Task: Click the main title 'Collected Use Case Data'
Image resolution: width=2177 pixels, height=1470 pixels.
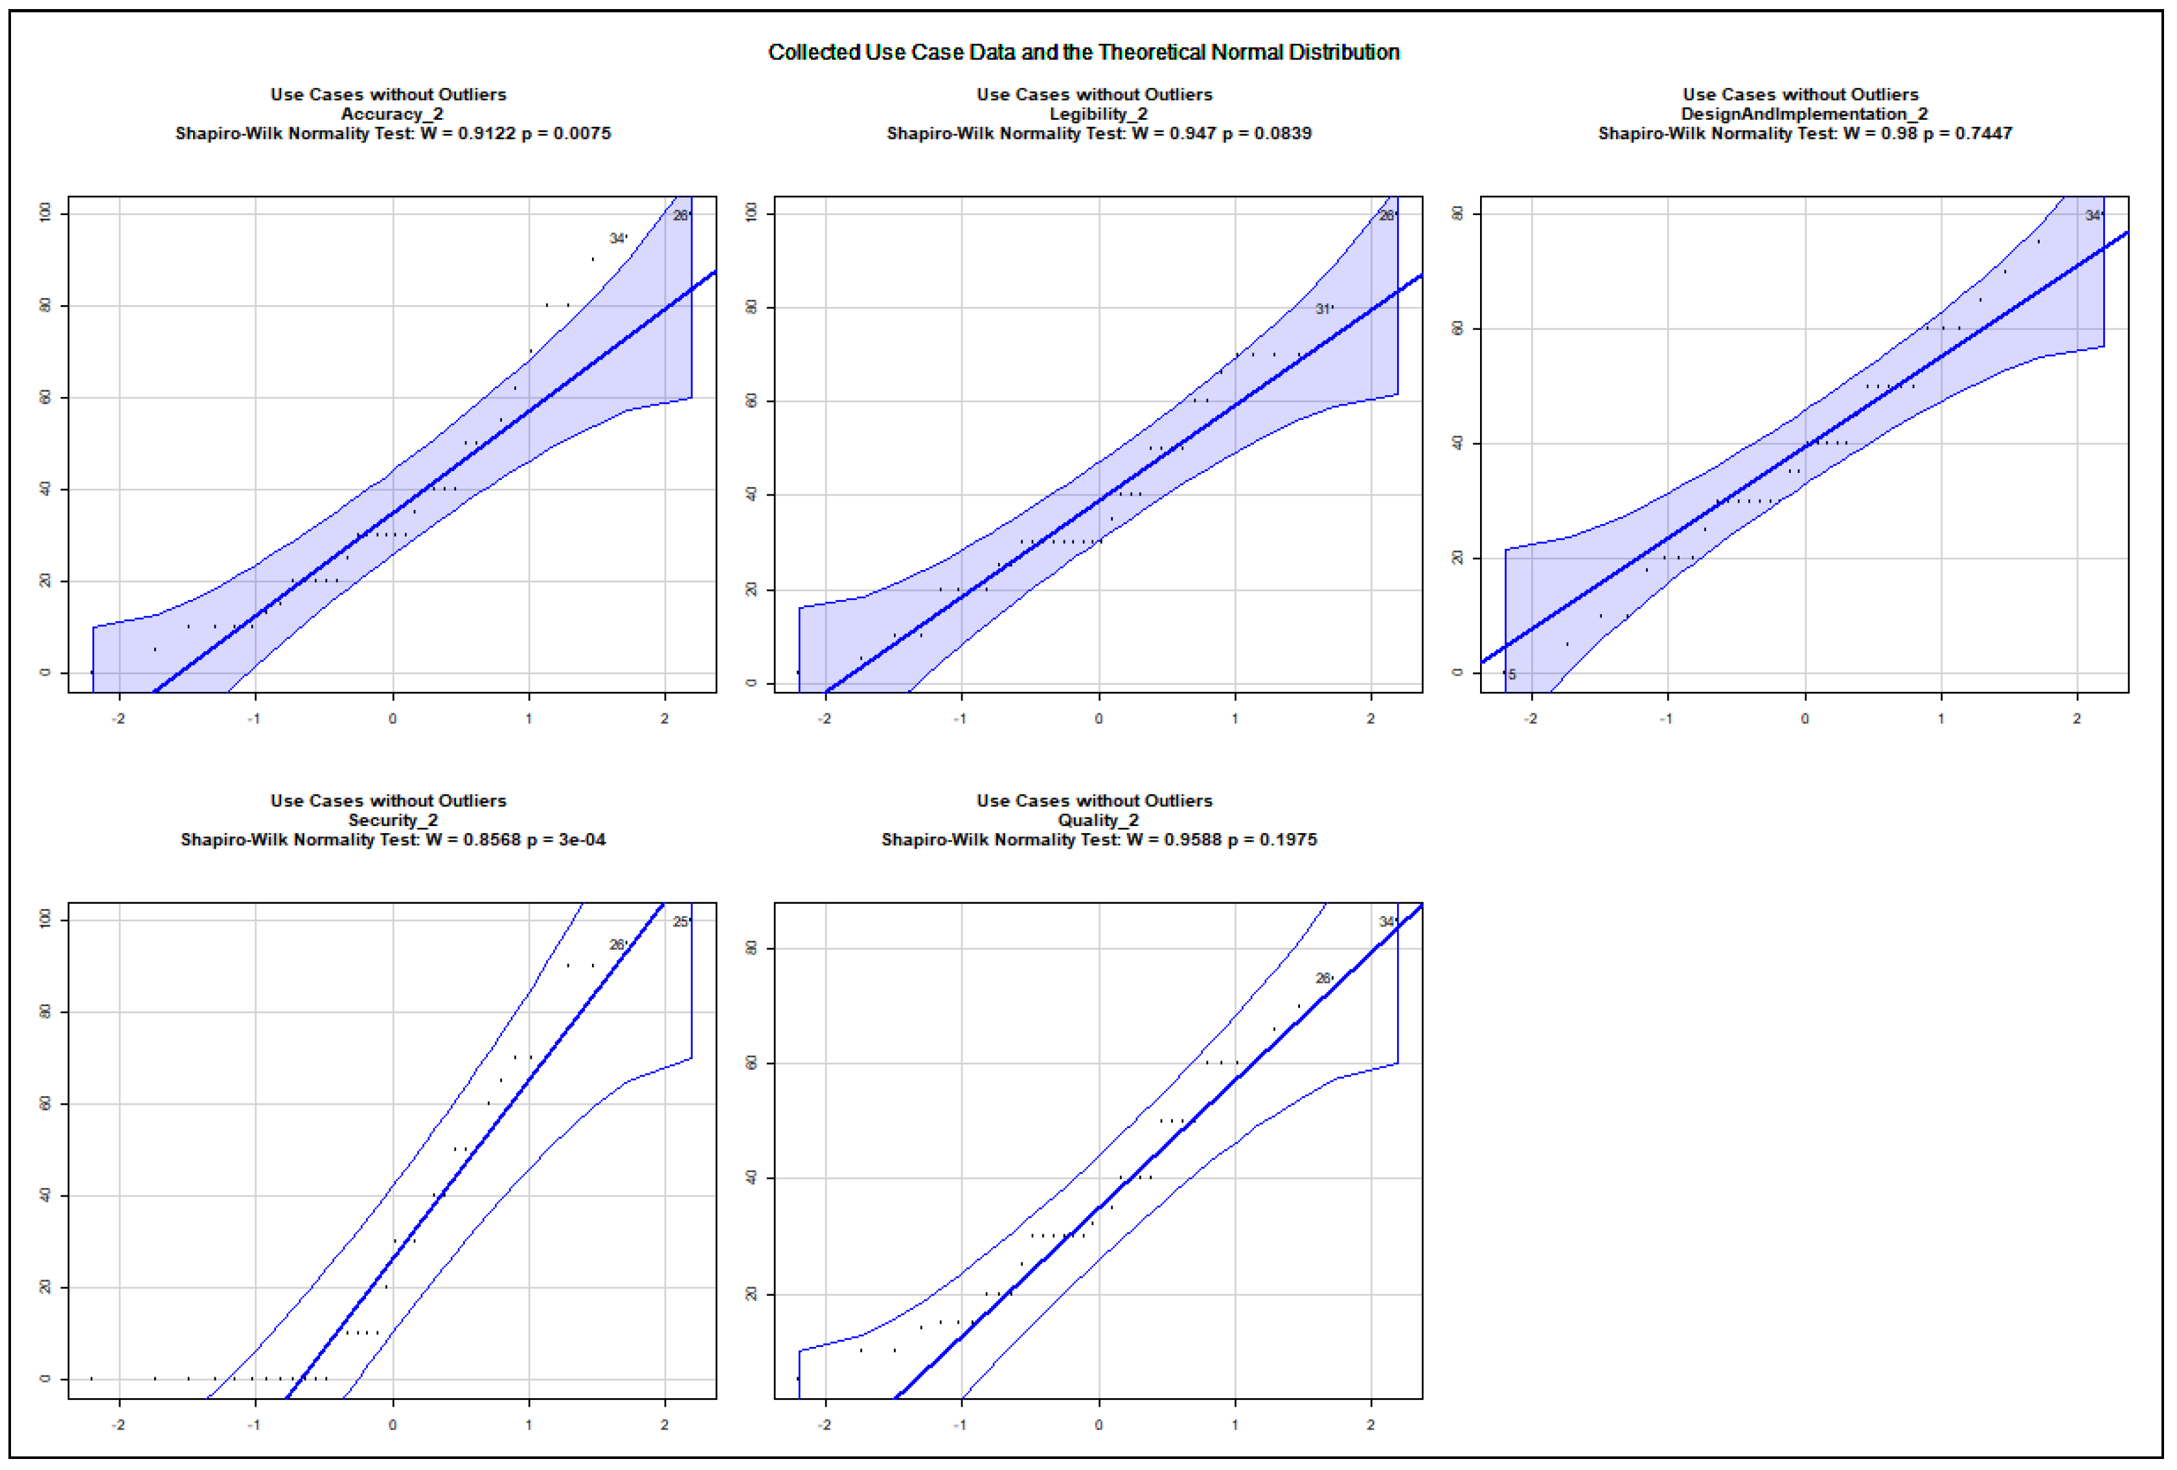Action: (x=1083, y=52)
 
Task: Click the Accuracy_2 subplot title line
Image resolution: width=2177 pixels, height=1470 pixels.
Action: (x=392, y=114)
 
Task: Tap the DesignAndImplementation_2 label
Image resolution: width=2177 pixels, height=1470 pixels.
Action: (x=1804, y=114)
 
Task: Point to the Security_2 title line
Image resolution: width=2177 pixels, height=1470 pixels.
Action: (x=392, y=821)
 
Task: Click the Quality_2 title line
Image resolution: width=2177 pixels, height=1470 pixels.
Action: (x=1098, y=821)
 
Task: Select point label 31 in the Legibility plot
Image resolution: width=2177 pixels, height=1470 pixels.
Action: (x=1322, y=309)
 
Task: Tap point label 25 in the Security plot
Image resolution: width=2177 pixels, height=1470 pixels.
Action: (x=680, y=922)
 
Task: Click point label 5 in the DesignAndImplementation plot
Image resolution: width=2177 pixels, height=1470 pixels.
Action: (x=1511, y=674)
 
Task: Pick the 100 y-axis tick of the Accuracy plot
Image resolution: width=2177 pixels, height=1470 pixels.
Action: (x=45, y=214)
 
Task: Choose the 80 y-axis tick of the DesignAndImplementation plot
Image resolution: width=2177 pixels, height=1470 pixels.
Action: (x=1457, y=214)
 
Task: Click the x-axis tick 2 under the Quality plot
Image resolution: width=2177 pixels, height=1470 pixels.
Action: (x=1371, y=1425)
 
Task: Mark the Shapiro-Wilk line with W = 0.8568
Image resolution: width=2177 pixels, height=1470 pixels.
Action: (x=392, y=840)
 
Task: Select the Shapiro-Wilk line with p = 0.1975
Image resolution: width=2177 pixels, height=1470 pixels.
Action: (x=1098, y=840)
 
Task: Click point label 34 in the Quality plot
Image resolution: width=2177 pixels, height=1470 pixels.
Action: (x=1386, y=922)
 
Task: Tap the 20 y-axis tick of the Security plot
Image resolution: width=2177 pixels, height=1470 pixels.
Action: (x=45, y=1287)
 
